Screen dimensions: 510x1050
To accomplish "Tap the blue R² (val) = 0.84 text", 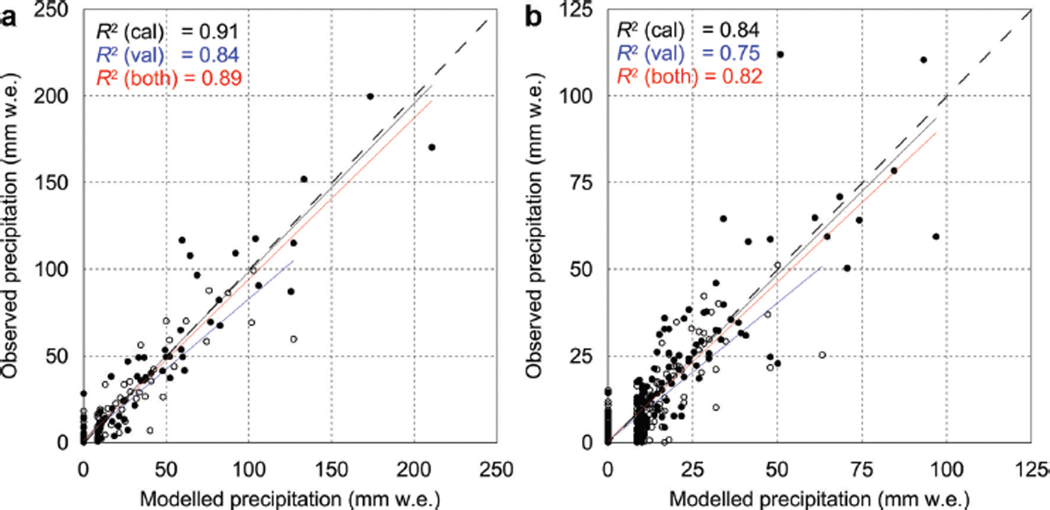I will pyautogui.click(x=166, y=54).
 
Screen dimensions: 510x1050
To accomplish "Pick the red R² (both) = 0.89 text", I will pyautogui.click(x=166, y=77).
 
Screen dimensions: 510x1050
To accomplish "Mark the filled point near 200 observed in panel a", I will pyautogui.click(x=370, y=96).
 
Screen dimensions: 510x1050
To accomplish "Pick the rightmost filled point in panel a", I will pyautogui.click(x=432, y=147).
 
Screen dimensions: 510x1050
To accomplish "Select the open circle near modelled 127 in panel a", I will pyautogui.click(x=293, y=339).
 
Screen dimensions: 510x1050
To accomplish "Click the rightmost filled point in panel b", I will pyautogui.click(x=936, y=236).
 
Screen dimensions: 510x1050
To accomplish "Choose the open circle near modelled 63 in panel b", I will pyautogui.click(x=822, y=355).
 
